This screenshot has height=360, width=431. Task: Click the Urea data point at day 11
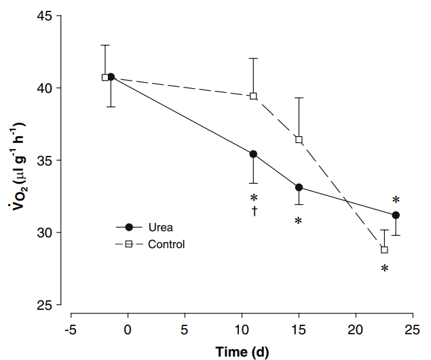click(253, 155)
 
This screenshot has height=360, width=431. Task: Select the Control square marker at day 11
click(253, 96)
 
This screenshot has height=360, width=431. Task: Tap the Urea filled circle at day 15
click(299, 187)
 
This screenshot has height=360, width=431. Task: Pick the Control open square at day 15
click(299, 140)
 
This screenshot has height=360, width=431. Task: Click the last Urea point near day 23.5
click(396, 215)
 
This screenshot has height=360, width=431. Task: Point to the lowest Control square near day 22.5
click(384, 249)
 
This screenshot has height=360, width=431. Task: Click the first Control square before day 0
click(105, 77)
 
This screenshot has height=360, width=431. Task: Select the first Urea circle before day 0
click(111, 77)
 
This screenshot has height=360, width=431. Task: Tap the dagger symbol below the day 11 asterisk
click(254, 211)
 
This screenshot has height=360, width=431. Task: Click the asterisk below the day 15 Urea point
click(297, 222)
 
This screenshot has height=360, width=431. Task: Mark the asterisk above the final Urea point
click(396, 201)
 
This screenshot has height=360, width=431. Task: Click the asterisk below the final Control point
click(384, 269)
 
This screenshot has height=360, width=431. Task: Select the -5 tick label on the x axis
click(70, 330)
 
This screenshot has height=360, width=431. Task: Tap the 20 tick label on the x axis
click(355, 330)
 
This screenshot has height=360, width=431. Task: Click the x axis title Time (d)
click(242, 351)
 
